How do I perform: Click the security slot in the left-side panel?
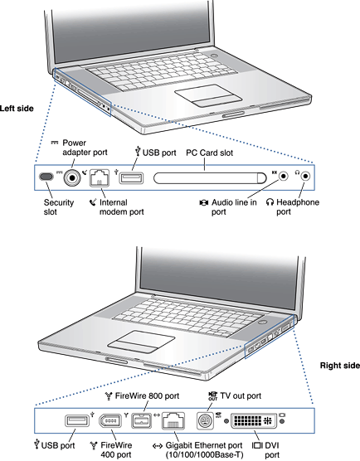[x=46, y=177]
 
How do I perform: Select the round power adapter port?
[x=72, y=177]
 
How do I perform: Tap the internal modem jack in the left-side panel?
[x=100, y=177]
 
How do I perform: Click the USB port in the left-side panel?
[x=131, y=178]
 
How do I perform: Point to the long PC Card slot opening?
[x=210, y=178]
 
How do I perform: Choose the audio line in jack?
[x=283, y=176]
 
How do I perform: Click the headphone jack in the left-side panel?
[x=306, y=176]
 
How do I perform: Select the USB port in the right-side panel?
[x=77, y=420]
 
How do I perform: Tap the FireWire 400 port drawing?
[x=110, y=420]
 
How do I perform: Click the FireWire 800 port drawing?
[x=142, y=420]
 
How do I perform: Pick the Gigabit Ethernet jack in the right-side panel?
[x=173, y=420]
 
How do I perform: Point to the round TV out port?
[x=205, y=421]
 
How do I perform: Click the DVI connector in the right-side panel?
[x=254, y=420]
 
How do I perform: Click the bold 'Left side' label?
[x=17, y=109]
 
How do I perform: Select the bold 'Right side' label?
[x=340, y=366]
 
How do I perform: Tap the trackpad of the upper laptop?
[x=208, y=95]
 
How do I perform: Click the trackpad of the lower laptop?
[x=142, y=342]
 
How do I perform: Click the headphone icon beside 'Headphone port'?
[x=270, y=202]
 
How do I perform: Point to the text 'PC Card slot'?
[x=209, y=153]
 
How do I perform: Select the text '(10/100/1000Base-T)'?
[x=204, y=454]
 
